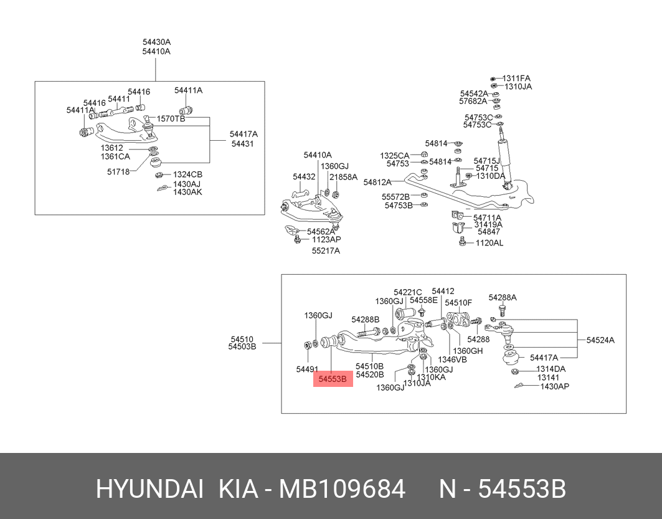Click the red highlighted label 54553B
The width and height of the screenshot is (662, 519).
click(x=333, y=379)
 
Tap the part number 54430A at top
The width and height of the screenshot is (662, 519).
click(x=157, y=42)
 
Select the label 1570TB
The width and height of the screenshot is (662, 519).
click(x=171, y=118)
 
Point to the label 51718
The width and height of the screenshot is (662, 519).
click(x=118, y=172)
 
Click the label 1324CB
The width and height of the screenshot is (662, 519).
click(x=187, y=174)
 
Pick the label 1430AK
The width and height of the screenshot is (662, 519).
click(x=187, y=192)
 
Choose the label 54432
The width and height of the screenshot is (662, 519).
click(x=304, y=176)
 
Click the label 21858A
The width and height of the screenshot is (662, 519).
click(x=343, y=177)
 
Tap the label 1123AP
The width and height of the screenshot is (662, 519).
click(x=326, y=239)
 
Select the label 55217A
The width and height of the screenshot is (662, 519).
click(x=326, y=251)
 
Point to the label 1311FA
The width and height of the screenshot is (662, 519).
click(x=516, y=78)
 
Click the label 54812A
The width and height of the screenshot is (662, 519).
click(x=377, y=183)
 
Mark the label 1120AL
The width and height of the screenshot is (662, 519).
click(x=489, y=243)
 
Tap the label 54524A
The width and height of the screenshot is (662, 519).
click(x=600, y=340)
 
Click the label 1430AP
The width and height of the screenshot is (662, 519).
click(x=555, y=386)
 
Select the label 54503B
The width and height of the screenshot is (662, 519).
click(x=242, y=347)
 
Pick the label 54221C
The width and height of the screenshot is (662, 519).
click(x=408, y=292)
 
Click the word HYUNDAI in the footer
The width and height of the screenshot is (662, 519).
click(x=150, y=490)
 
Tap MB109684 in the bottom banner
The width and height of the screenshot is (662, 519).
click(x=343, y=490)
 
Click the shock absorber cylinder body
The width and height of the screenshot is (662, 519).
click(x=505, y=161)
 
